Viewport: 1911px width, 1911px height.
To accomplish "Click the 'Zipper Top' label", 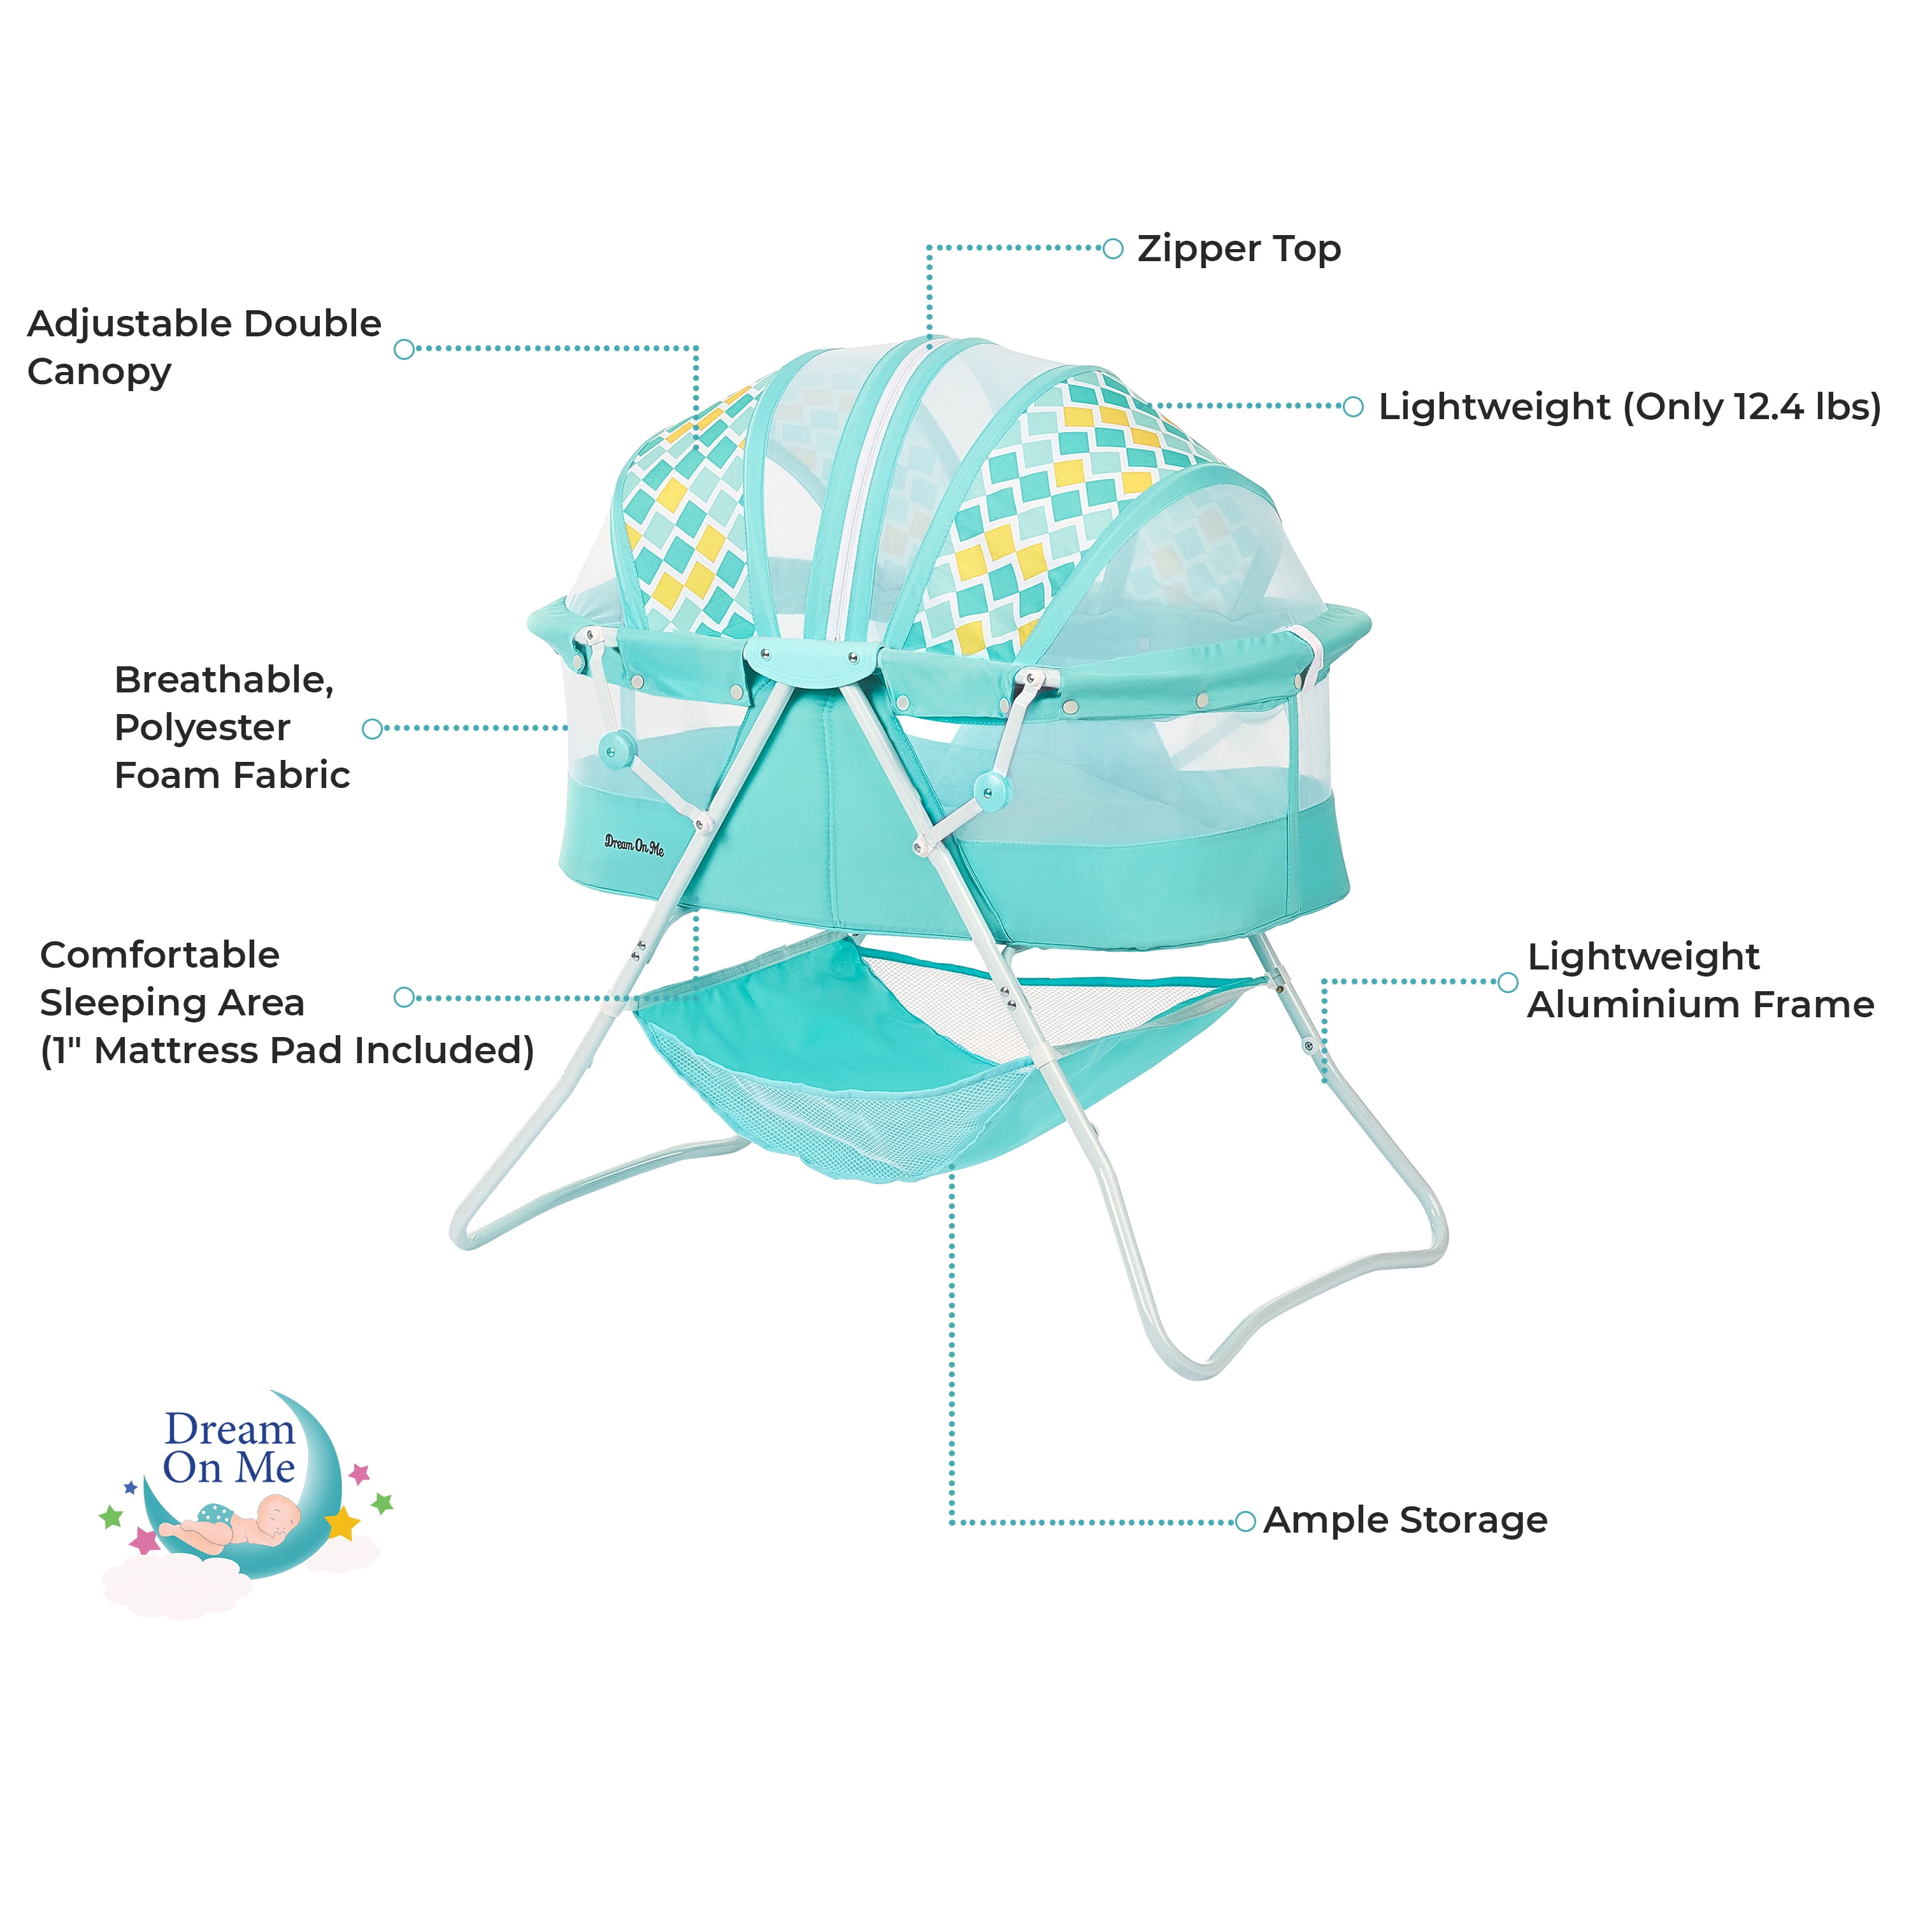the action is pos(1238,249).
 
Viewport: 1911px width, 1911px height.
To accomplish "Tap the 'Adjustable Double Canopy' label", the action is pos(204,347).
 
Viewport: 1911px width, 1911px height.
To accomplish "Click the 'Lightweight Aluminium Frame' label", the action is pos(1700,980).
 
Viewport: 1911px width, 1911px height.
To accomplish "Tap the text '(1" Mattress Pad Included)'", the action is pos(287,1050).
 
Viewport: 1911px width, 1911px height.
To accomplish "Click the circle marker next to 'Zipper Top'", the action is pos(1113,248).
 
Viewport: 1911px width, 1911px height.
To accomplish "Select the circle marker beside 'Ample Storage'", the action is pos(1245,1521).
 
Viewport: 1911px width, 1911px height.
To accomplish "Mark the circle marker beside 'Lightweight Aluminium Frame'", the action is pos(1507,982).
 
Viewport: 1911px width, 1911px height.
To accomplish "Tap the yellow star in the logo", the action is pos(342,1521).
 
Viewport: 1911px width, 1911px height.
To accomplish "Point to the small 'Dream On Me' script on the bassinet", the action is pos(634,845).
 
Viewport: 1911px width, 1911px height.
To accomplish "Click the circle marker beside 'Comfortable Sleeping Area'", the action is pos(404,997).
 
